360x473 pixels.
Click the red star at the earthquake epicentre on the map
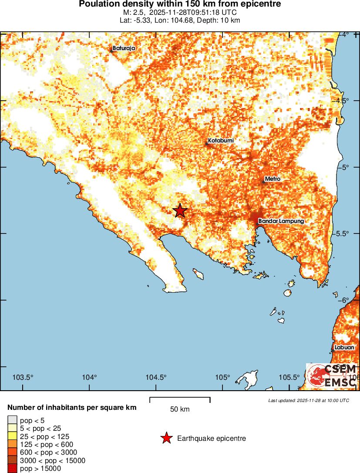pos(180,210)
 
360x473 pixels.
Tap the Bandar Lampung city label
pos(281,221)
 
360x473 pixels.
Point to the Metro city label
pos(273,179)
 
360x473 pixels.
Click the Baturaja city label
pos(124,48)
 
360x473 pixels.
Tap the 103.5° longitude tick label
pos(24,377)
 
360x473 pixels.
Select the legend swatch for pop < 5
pos(12,421)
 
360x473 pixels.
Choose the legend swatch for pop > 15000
pos(12,469)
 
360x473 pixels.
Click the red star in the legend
pos(166,438)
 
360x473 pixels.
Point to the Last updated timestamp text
pos(309,400)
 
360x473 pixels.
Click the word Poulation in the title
pos(97,4)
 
